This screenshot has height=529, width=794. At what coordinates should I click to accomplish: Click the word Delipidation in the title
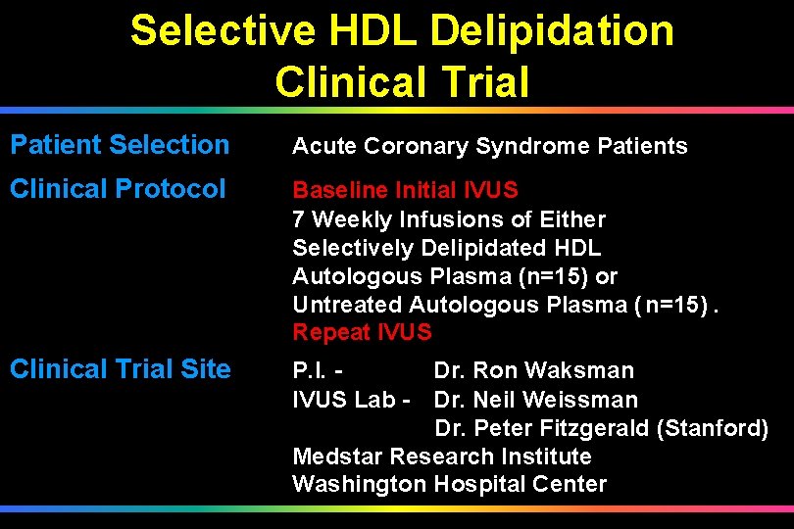pyautogui.click(x=553, y=31)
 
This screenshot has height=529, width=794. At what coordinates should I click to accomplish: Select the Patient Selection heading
pyautogui.click(x=120, y=145)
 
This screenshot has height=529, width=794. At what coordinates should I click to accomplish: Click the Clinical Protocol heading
pyautogui.click(x=118, y=188)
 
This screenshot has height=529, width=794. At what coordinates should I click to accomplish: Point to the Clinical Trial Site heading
pyautogui.click(x=121, y=369)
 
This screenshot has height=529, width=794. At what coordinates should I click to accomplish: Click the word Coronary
pyautogui.click(x=418, y=147)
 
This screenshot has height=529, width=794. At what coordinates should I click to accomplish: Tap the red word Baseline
pyautogui.click(x=340, y=190)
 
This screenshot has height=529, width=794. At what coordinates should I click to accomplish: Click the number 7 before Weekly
pyautogui.click(x=299, y=219)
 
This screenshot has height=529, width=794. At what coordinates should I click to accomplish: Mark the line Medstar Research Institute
pyautogui.click(x=442, y=457)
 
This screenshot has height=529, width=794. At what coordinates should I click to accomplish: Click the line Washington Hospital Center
pyautogui.click(x=450, y=485)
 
